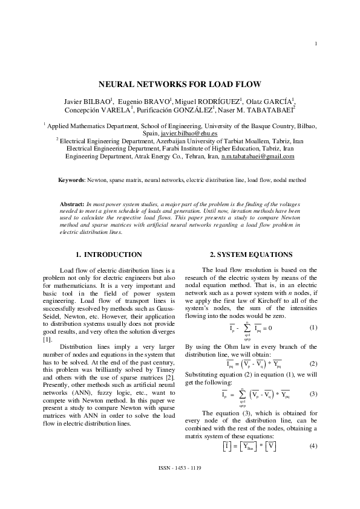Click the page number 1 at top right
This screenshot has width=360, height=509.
point(316,43)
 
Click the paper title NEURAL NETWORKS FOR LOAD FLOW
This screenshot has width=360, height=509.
point(180,85)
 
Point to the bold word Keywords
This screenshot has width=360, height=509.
point(71,180)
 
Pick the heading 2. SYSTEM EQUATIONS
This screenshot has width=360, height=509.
point(250,254)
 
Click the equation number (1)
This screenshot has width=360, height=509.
point(313,327)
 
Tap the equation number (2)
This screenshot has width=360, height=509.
point(313,364)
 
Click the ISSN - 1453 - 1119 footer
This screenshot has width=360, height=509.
point(180,485)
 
